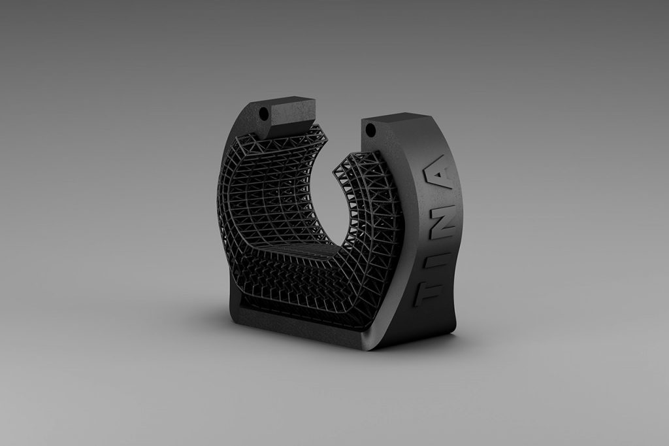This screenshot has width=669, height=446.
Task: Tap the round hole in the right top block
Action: coord(370,129)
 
